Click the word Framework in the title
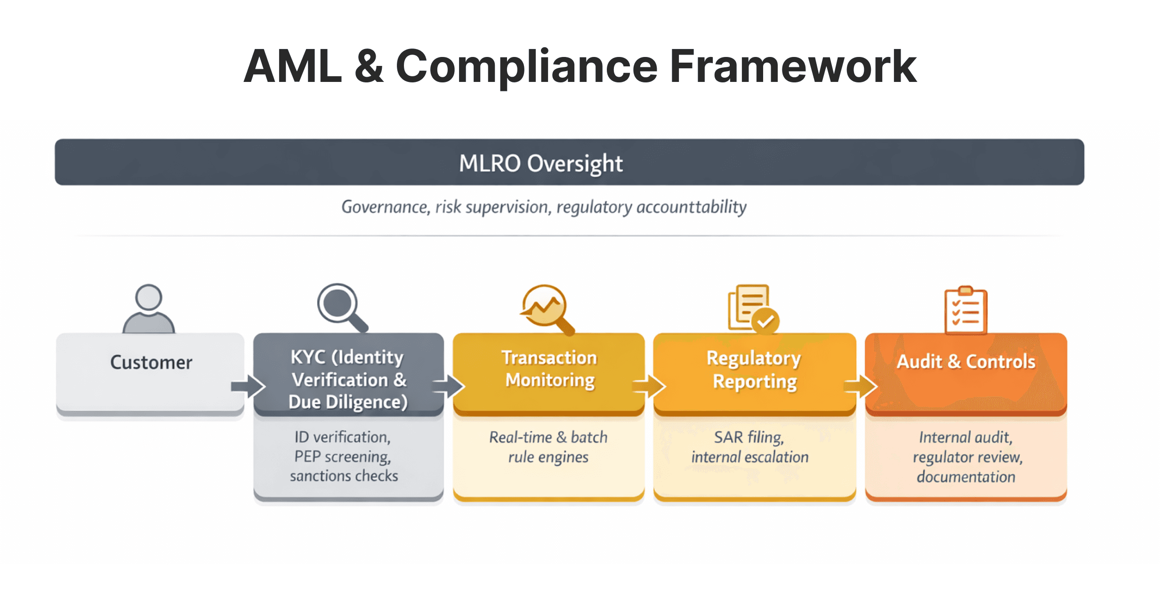(x=793, y=67)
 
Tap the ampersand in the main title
(x=369, y=67)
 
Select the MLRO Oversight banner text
(x=540, y=163)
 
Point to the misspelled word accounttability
(x=691, y=207)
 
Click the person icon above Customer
(x=149, y=309)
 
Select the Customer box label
(x=151, y=363)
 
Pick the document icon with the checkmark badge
(x=752, y=309)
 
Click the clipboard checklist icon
(x=966, y=311)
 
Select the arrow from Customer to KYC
(x=249, y=387)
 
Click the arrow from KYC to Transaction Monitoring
(x=449, y=387)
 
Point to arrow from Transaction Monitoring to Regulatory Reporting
(x=649, y=387)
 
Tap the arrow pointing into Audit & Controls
(x=860, y=387)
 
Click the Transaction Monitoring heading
(x=549, y=369)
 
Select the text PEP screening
(x=342, y=457)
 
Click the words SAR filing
(x=749, y=437)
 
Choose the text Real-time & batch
(x=548, y=437)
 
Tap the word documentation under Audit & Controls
(x=966, y=477)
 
